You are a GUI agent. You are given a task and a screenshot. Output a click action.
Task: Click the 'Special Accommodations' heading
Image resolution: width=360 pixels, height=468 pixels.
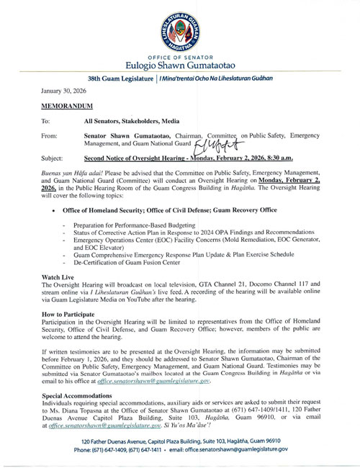pos(81,397)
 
